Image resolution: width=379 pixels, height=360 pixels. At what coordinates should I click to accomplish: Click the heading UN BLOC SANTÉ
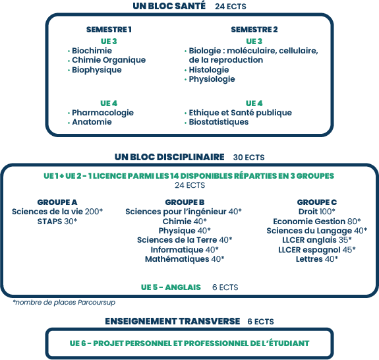(x=169, y=6)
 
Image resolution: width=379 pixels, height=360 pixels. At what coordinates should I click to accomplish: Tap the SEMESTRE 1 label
(x=109, y=30)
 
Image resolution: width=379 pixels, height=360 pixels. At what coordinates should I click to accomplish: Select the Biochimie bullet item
(x=92, y=51)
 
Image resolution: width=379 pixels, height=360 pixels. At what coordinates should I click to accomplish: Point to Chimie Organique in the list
(x=109, y=60)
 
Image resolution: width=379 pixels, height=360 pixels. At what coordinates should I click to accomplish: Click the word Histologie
(x=209, y=70)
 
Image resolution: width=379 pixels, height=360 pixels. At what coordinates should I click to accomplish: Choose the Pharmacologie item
(x=103, y=113)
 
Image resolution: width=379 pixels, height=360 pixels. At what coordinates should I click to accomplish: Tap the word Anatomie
(x=92, y=122)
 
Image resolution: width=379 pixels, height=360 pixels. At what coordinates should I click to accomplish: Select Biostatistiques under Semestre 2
(x=219, y=122)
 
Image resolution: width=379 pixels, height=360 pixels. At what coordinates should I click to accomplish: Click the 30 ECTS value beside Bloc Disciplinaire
(x=248, y=158)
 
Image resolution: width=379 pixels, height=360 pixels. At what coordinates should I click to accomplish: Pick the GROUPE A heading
(x=57, y=202)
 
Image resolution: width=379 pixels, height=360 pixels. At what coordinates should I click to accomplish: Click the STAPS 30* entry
(x=57, y=222)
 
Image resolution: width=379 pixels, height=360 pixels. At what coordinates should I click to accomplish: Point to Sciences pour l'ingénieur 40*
(x=183, y=212)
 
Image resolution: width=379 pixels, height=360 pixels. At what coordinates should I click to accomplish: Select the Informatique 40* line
(x=185, y=249)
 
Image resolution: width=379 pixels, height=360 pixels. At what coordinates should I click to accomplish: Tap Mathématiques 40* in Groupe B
(x=185, y=259)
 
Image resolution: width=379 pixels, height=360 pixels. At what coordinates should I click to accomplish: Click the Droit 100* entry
(x=316, y=212)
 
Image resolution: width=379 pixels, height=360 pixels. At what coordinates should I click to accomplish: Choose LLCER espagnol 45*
(x=316, y=249)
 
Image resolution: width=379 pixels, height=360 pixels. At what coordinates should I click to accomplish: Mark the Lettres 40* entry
(x=316, y=259)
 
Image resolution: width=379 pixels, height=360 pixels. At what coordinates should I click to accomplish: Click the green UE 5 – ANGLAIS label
(x=171, y=287)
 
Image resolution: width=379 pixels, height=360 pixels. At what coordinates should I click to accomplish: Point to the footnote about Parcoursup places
(x=64, y=302)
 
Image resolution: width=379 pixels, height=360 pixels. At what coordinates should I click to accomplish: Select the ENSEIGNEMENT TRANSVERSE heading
(x=172, y=321)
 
